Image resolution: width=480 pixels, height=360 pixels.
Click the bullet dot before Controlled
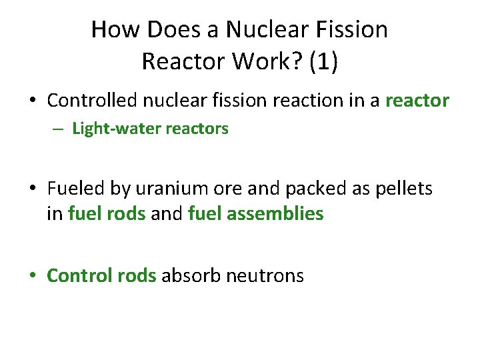33,101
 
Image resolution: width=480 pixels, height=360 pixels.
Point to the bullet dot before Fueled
33,190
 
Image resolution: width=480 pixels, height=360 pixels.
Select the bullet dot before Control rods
33,276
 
